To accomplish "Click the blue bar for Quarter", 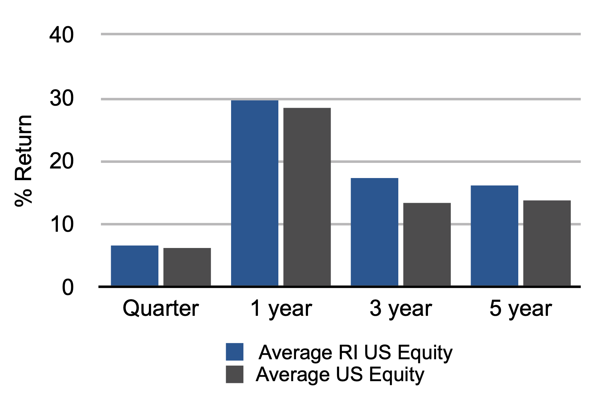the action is pyautogui.click(x=134, y=265).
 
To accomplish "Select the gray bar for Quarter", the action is pyautogui.click(x=187, y=267).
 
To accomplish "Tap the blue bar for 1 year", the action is pyautogui.click(x=254, y=193).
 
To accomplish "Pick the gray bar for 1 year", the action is pyautogui.click(x=307, y=197).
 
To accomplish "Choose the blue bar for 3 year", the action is pyautogui.click(x=375, y=232).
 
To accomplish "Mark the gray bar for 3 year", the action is pyautogui.click(x=427, y=244).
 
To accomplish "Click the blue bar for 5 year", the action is pyautogui.click(x=495, y=236).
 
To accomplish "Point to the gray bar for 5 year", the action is pyautogui.click(x=547, y=243).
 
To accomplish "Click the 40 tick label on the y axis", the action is pyautogui.click(x=61, y=35).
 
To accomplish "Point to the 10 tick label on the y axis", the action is pyautogui.click(x=61, y=224).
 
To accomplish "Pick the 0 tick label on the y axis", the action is pyautogui.click(x=68, y=287).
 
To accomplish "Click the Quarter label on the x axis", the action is pyautogui.click(x=161, y=308).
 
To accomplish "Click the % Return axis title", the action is pyautogui.click(x=23, y=161).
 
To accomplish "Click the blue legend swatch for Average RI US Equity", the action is pyautogui.click(x=235, y=352).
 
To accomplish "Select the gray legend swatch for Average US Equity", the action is pyautogui.click(x=235, y=374).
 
